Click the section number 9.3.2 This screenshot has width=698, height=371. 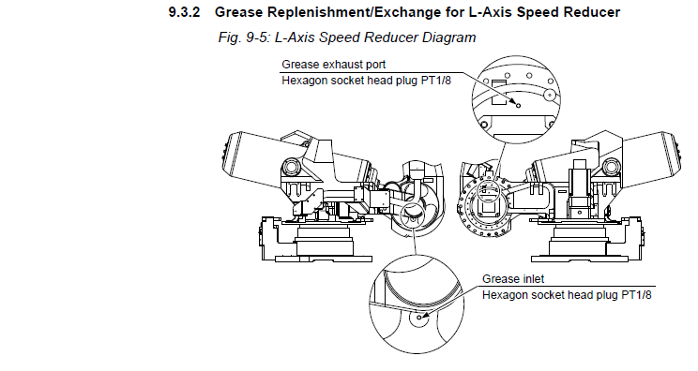tap(184, 12)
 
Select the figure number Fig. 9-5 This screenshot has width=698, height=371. tap(244, 37)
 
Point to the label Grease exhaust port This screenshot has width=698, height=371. tap(334, 65)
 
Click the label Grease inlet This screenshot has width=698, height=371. tap(513, 279)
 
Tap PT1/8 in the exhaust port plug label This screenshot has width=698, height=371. tap(436, 81)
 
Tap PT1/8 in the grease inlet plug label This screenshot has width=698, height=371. tap(636, 295)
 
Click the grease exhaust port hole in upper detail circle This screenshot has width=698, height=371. tap(518, 105)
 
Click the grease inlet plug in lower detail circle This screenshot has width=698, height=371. tap(418, 318)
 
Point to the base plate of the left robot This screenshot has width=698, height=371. tap(324, 259)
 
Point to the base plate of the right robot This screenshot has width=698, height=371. tap(580, 259)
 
